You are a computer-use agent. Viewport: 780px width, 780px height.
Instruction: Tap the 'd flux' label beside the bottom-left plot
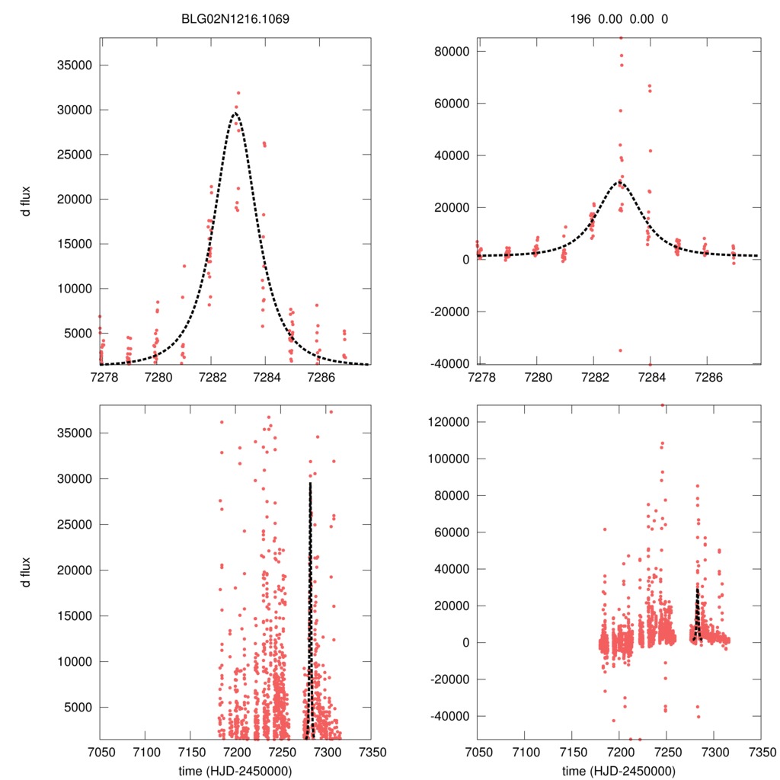click(27, 571)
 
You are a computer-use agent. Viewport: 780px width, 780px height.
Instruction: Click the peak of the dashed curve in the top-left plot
click(235, 113)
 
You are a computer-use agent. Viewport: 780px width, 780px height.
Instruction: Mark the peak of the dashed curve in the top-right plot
click(619, 182)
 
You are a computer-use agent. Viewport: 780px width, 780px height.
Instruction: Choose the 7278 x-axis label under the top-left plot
click(101, 377)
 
